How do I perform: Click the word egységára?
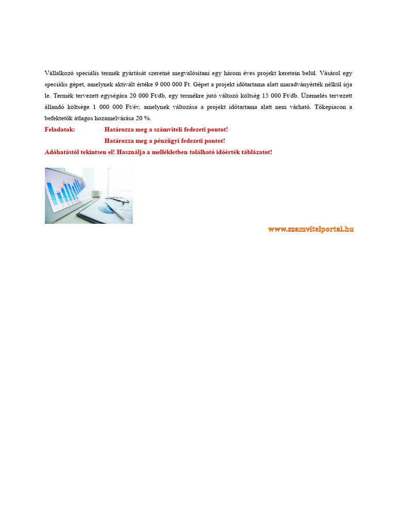tap(112, 96)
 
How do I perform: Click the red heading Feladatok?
tap(60, 129)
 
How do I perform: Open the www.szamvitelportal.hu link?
tap(310, 229)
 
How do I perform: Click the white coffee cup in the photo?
tap(96, 193)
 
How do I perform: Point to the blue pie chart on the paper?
tap(107, 209)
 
